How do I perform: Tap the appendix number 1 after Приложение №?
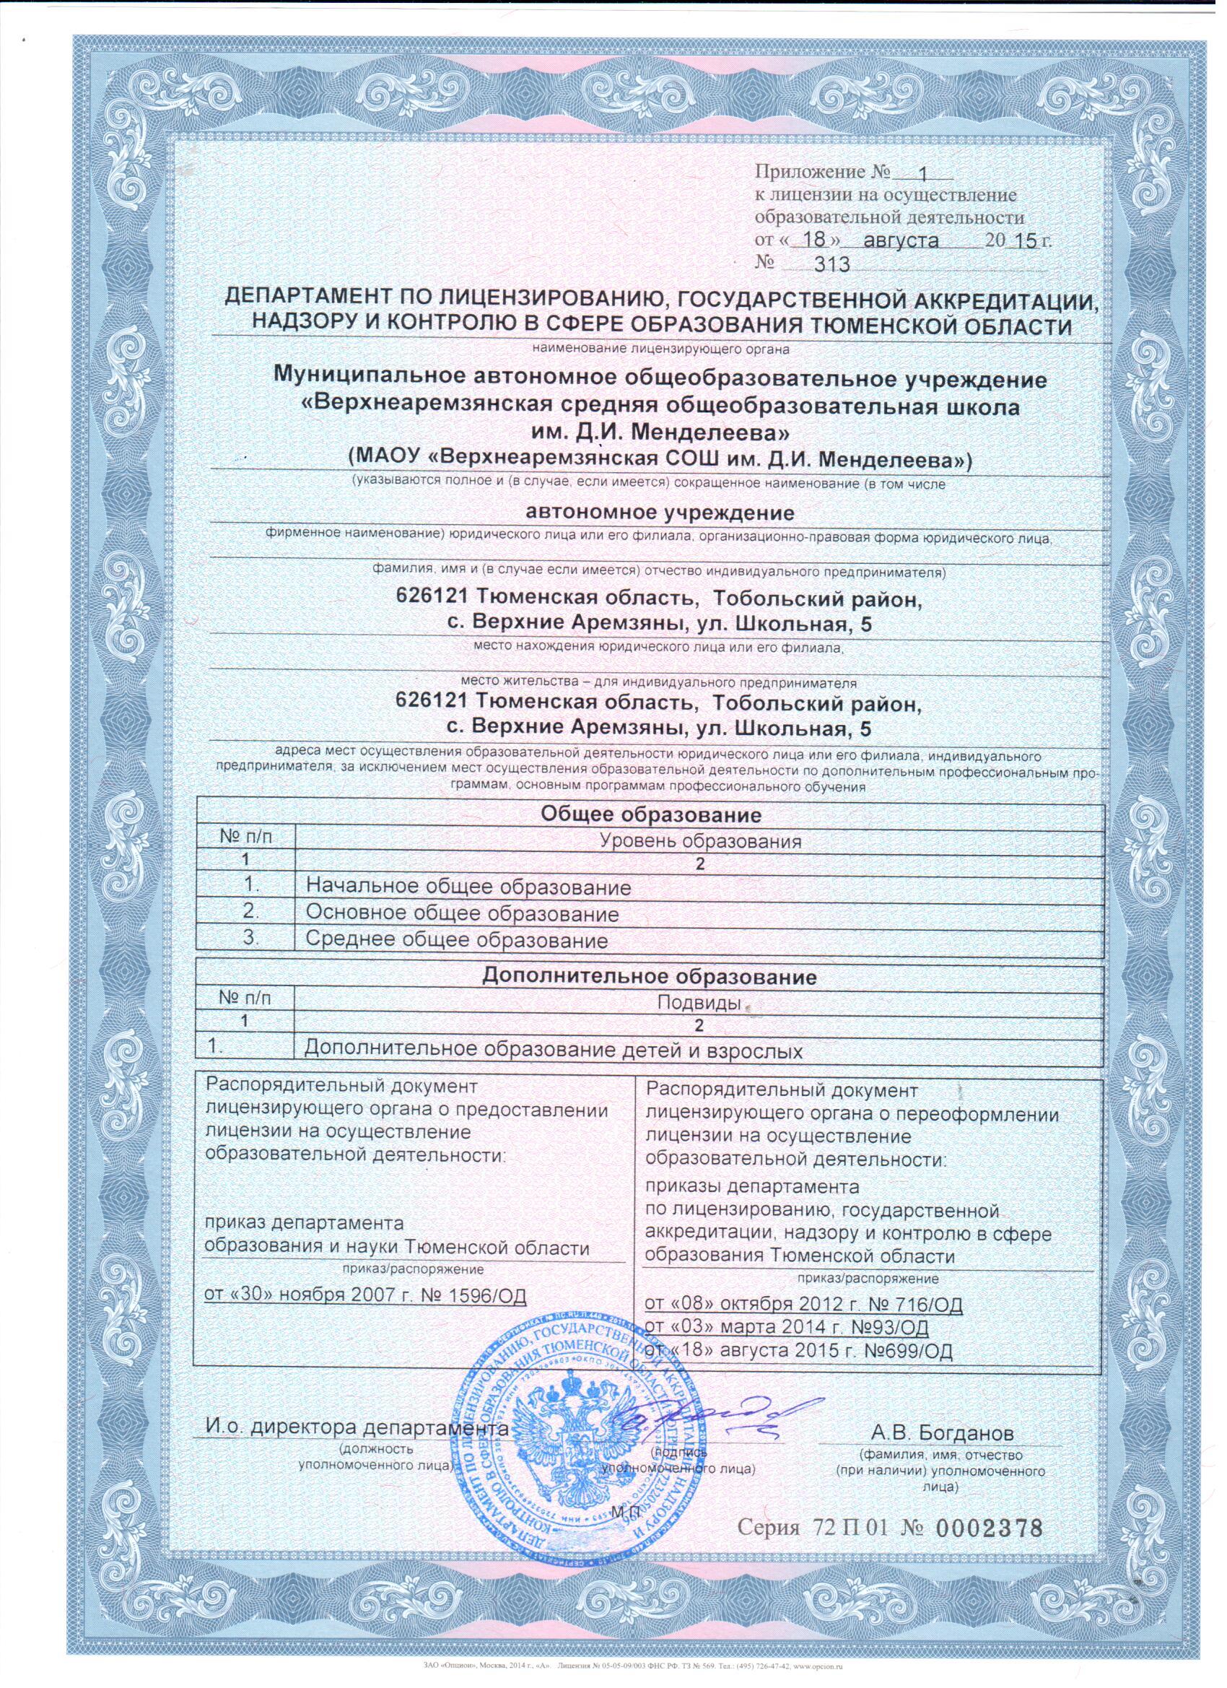923,175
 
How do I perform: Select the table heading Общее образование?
650,815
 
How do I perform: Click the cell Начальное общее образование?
468,887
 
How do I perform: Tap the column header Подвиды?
699,1004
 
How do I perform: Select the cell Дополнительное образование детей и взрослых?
554,1050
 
